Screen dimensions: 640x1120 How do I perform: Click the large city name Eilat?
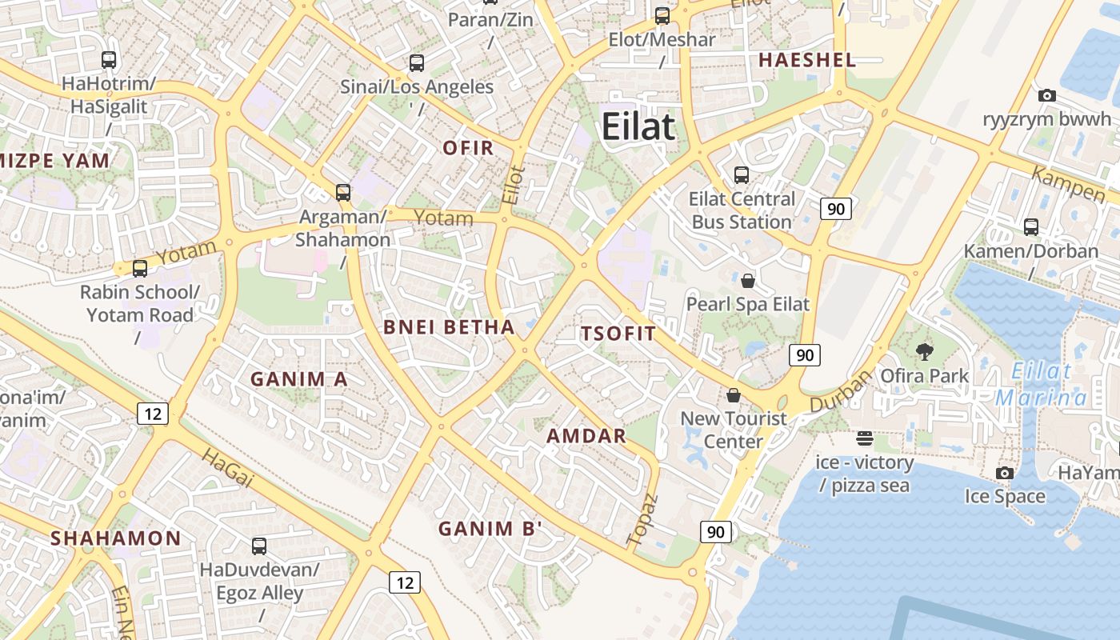[x=638, y=126]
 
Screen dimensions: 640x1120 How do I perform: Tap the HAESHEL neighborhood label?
[x=807, y=59]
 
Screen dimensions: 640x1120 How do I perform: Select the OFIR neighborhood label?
[x=468, y=148]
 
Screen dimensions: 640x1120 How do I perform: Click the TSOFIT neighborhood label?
[x=618, y=334]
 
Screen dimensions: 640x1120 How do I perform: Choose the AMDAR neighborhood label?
[x=586, y=436]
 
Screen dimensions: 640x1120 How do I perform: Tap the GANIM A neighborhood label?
[x=299, y=379]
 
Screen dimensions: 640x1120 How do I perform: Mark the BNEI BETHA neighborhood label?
[x=449, y=326]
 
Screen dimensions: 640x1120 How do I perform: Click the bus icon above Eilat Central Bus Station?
[x=742, y=174]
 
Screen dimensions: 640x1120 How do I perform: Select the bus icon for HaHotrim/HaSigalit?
[x=109, y=59]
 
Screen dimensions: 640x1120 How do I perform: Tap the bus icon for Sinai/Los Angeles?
[x=416, y=62]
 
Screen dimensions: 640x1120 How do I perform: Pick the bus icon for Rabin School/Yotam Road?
[x=140, y=268]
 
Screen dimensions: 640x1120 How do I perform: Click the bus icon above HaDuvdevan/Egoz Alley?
[x=259, y=546]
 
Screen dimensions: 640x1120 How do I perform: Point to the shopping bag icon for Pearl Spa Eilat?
[x=748, y=280]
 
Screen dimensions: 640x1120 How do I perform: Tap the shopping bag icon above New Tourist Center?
[x=734, y=395]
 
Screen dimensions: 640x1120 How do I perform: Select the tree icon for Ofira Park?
[x=925, y=351]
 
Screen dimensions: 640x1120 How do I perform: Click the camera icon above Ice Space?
[x=1005, y=473]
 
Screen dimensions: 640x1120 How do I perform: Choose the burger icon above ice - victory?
[x=864, y=438]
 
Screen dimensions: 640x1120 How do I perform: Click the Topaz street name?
[x=643, y=520]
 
